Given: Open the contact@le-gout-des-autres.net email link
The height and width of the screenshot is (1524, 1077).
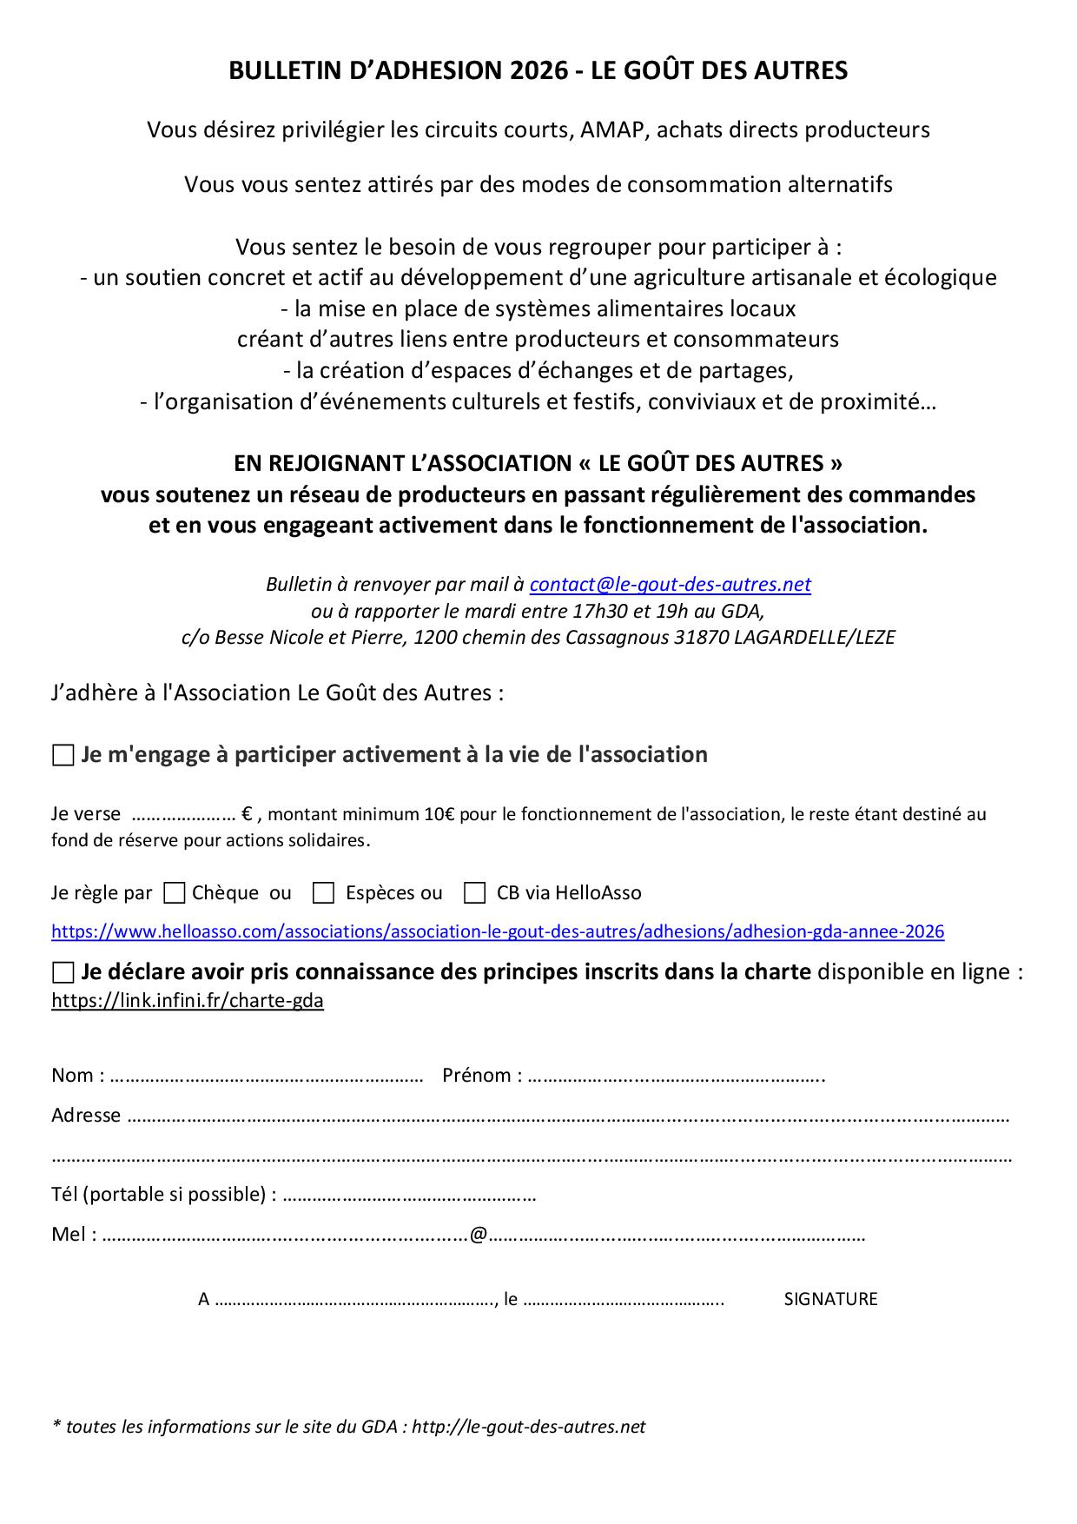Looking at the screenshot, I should (x=670, y=585).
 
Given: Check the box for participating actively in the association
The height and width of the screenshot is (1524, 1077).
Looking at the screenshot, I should (x=63, y=756).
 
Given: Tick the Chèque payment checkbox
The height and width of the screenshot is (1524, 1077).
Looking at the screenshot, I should (x=175, y=893).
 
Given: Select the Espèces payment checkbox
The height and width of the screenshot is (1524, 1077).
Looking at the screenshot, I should (x=323, y=893).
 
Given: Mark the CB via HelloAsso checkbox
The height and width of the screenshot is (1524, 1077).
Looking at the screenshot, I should (x=474, y=893).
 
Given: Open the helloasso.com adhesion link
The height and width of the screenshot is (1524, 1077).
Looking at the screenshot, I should (x=498, y=932).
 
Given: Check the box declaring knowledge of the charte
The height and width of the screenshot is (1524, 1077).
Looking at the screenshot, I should (x=63, y=972).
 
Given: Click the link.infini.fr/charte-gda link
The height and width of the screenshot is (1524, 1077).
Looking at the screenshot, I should (x=188, y=1001).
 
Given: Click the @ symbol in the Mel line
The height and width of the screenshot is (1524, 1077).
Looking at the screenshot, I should (x=478, y=1235).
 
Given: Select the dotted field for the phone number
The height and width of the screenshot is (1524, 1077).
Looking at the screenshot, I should (x=409, y=1196).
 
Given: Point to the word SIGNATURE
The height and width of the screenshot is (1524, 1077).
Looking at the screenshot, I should (x=830, y=1300).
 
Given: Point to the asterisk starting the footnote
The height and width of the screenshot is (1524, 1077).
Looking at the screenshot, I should (x=56, y=1426).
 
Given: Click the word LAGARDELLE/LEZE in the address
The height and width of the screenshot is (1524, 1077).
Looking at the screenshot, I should (x=814, y=638).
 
